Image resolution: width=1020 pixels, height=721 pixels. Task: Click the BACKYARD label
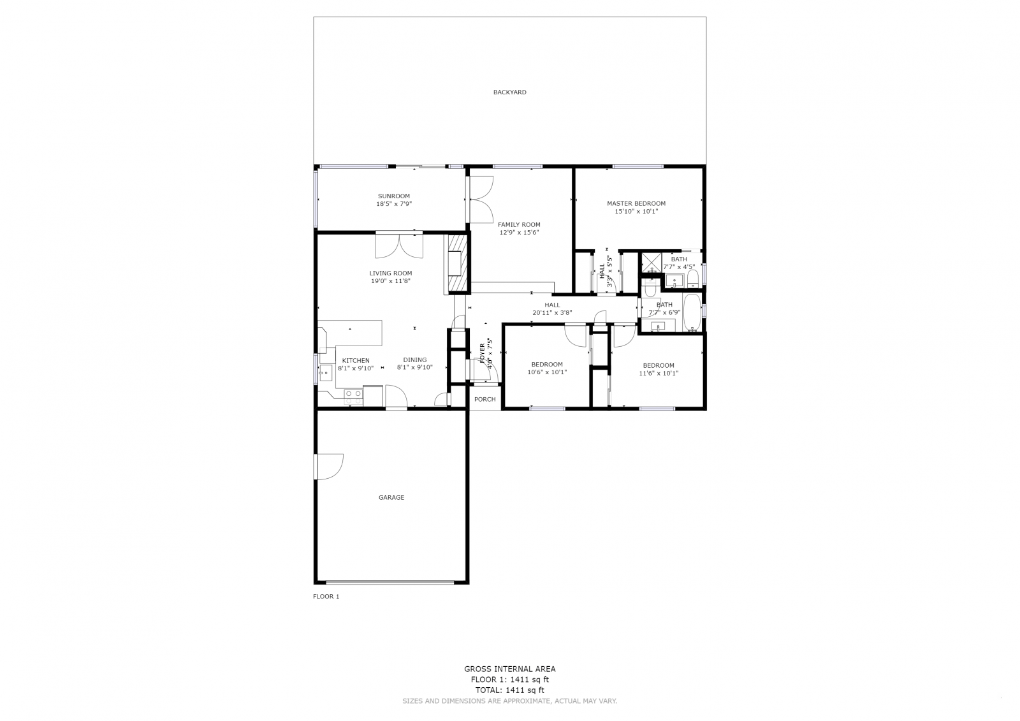pyautogui.click(x=509, y=92)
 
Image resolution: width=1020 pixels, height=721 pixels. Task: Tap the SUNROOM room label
pyautogui.click(x=394, y=196)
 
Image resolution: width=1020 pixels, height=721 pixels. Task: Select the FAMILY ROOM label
pyautogui.click(x=519, y=224)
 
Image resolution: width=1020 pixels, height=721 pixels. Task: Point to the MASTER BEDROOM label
pyautogui.click(x=636, y=203)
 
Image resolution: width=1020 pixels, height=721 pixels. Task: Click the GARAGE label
pyautogui.click(x=391, y=497)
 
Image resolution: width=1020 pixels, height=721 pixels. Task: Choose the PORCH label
pyautogui.click(x=484, y=400)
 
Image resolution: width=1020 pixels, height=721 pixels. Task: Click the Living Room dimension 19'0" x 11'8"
pyautogui.click(x=391, y=281)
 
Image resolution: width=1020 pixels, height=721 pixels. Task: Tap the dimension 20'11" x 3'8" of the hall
pyautogui.click(x=552, y=313)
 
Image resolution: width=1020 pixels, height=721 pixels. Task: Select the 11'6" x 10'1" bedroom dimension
pyautogui.click(x=659, y=373)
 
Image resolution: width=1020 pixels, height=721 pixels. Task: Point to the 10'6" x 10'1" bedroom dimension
pyautogui.click(x=547, y=372)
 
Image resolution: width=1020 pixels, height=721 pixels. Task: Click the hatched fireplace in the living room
pyautogui.click(x=456, y=265)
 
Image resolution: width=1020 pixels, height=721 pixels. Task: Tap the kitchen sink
pyautogui.click(x=326, y=372)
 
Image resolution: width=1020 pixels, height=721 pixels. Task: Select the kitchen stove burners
pyautogui.click(x=353, y=397)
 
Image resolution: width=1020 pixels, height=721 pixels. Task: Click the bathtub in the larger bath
pyautogui.click(x=692, y=312)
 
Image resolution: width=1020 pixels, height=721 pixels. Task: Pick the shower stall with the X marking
pyautogui.click(x=651, y=263)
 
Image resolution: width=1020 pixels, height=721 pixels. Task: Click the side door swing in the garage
pyautogui.click(x=329, y=467)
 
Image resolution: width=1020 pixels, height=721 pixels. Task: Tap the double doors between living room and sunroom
pyautogui.click(x=399, y=245)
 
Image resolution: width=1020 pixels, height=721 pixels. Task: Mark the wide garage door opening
pyautogui.click(x=390, y=582)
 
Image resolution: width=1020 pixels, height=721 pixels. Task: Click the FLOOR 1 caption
pyautogui.click(x=326, y=597)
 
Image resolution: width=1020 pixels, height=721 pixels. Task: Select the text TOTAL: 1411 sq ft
pyautogui.click(x=509, y=690)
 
